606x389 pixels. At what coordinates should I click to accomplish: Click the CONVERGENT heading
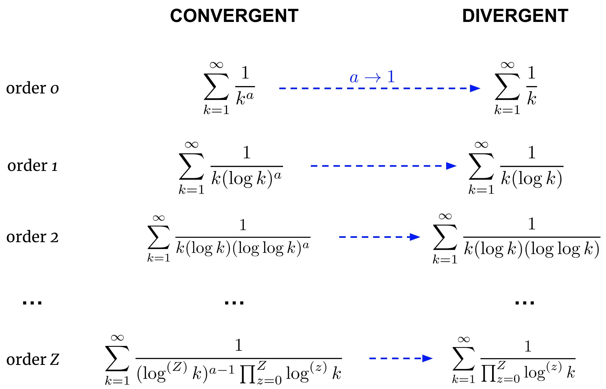point(234,16)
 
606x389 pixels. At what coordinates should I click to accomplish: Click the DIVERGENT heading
point(515,16)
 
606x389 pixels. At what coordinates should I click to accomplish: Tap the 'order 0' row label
point(32,88)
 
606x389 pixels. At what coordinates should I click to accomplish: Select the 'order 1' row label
point(32,166)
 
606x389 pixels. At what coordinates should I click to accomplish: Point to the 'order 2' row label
point(32,237)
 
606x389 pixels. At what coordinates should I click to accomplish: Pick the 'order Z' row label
point(32,359)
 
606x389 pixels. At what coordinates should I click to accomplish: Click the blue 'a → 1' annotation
point(372,77)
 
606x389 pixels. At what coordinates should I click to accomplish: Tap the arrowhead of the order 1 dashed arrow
point(451,166)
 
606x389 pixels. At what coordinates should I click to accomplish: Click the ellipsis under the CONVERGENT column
point(234,303)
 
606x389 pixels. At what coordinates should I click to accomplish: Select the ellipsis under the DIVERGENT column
point(525,303)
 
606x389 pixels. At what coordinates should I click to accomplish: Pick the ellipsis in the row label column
point(32,303)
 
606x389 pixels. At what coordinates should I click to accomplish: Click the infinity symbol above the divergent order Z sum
point(463,339)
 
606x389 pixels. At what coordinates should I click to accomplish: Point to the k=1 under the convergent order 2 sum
point(159,258)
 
